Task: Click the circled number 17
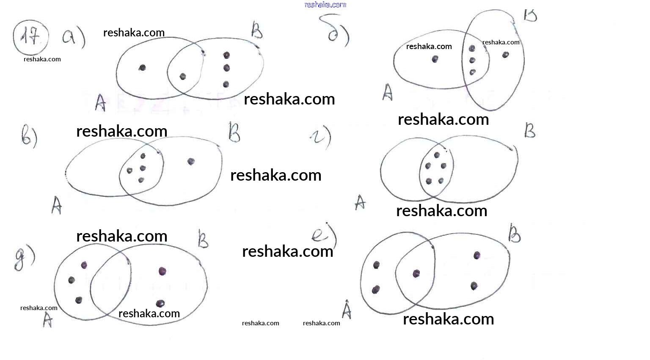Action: pos(30,37)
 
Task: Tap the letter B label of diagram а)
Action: pos(257,30)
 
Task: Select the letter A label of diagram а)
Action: pos(100,102)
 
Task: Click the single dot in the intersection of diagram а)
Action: pos(183,77)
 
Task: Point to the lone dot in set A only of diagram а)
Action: pos(143,68)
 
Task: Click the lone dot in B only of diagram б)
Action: pos(505,55)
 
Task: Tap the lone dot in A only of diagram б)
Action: pos(435,59)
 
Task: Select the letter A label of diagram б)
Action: pos(387,92)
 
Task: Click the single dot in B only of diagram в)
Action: pos(191,161)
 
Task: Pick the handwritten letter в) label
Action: pos(29,136)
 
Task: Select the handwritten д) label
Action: pos(24,257)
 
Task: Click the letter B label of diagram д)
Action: pos(204,239)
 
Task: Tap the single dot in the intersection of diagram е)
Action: pos(416,274)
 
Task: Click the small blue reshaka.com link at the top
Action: pos(325,5)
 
